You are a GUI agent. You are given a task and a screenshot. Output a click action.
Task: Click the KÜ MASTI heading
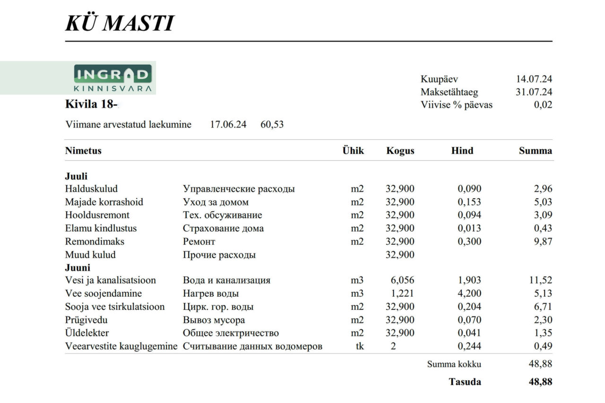click(120, 23)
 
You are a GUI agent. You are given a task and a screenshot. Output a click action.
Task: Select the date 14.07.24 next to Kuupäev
click(534, 79)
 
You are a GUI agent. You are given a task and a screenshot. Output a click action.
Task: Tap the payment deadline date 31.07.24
click(534, 92)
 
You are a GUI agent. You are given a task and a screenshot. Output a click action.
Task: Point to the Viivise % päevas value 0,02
click(543, 105)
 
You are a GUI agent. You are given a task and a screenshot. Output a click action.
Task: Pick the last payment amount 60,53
click(272, 125)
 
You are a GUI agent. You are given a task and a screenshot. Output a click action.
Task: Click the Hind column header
click(462, 151)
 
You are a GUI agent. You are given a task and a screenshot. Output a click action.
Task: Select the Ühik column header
click(353, 151)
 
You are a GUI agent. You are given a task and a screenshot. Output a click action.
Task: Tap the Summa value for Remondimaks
click(542, 241)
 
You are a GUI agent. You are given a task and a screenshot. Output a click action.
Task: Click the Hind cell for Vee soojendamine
click(469, 293)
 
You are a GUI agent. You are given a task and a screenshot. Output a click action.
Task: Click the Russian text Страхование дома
click(223, 228)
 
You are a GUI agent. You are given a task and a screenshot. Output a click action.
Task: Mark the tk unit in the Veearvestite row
click(360, 346)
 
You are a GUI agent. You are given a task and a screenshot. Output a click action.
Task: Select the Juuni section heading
click(78, 267)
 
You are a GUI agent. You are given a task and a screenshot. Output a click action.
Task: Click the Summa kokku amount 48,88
click(540, 364)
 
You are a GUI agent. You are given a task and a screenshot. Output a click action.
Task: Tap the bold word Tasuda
click(465, 382)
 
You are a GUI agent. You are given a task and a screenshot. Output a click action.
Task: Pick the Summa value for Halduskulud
click(542, 189)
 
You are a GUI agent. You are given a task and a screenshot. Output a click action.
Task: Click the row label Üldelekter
click(87, 333)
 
